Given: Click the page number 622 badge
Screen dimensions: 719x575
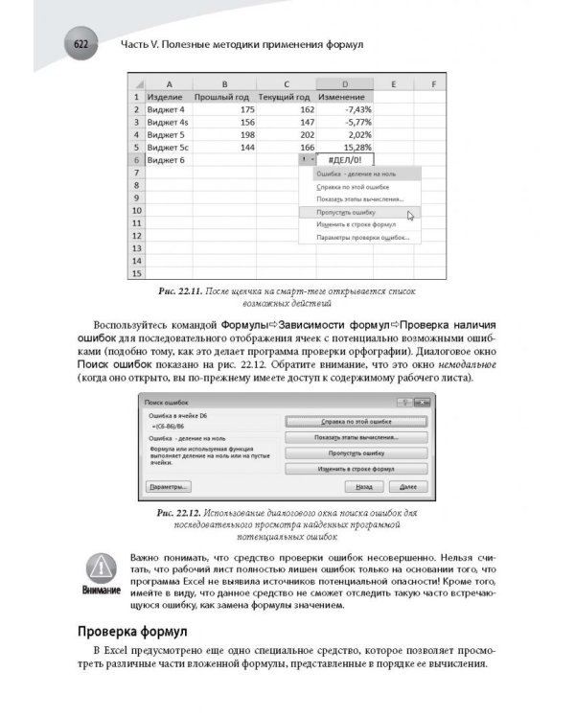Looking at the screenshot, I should pyautogui.click(x=81, y=46).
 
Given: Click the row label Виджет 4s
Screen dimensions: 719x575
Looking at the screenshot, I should pyautogui.click(x=169, y=122).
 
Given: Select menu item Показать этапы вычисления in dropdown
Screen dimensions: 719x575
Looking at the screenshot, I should pyautogui.click(x=353, y=198).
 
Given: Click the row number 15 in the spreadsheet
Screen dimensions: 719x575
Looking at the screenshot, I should pyautogui.click(x=137, y=273).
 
